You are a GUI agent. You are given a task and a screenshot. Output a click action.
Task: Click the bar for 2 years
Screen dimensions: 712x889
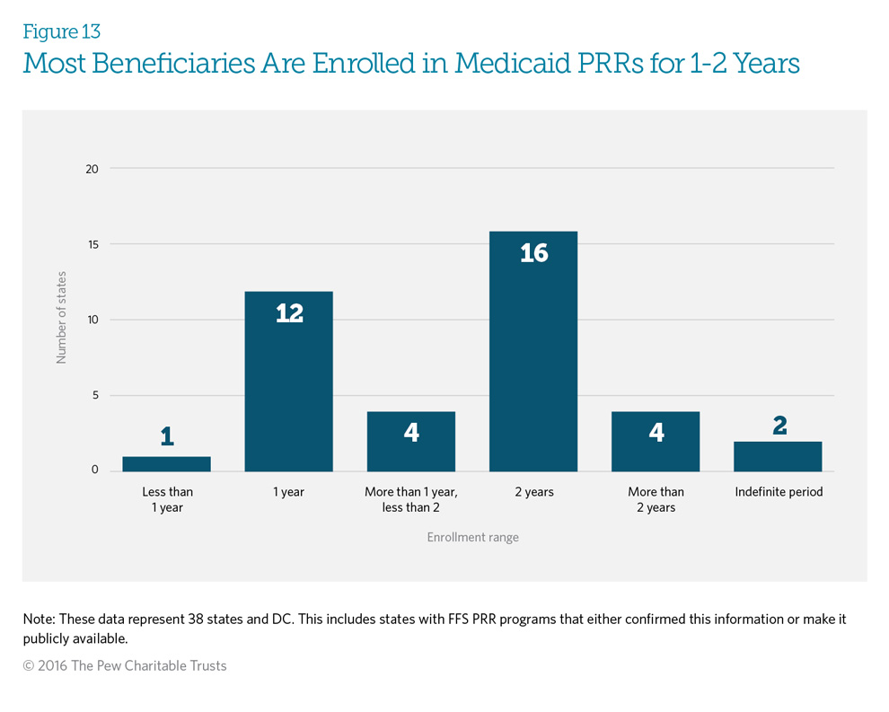coord(533,359)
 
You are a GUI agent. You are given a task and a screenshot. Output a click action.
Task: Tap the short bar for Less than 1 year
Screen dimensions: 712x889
coord(167,463)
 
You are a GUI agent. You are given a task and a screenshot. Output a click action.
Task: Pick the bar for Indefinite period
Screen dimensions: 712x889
coord(778,456)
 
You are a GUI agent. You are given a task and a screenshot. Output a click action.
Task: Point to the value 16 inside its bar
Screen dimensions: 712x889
coord(533,253)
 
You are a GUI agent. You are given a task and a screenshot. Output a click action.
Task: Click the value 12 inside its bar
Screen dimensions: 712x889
coord(289,313)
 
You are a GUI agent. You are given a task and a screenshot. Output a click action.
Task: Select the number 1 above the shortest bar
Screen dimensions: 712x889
coord(167,437)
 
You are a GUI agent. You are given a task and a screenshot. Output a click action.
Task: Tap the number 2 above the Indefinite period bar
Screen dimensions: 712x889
coord(779,426)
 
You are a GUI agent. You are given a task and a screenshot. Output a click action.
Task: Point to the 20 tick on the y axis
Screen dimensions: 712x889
coord(92,168)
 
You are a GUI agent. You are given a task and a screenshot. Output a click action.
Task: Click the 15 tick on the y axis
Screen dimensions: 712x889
coord(92,244)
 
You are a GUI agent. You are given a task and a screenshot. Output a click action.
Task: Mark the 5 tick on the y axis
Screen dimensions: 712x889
coord(94,395)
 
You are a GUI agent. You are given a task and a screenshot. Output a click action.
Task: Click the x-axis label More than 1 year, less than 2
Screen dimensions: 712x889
coord(411,499)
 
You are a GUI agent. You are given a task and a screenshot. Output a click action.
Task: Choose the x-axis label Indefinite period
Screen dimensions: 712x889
coord(779,492)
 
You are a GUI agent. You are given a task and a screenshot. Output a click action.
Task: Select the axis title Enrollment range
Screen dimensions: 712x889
coord(472,537)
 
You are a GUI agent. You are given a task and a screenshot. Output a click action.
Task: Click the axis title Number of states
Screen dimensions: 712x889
coord(62,319)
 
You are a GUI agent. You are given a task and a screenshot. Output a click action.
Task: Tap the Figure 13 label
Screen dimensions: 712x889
coord(61,31)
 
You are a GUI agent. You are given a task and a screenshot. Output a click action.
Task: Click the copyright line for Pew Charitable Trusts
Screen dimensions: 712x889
coord(125,665)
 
